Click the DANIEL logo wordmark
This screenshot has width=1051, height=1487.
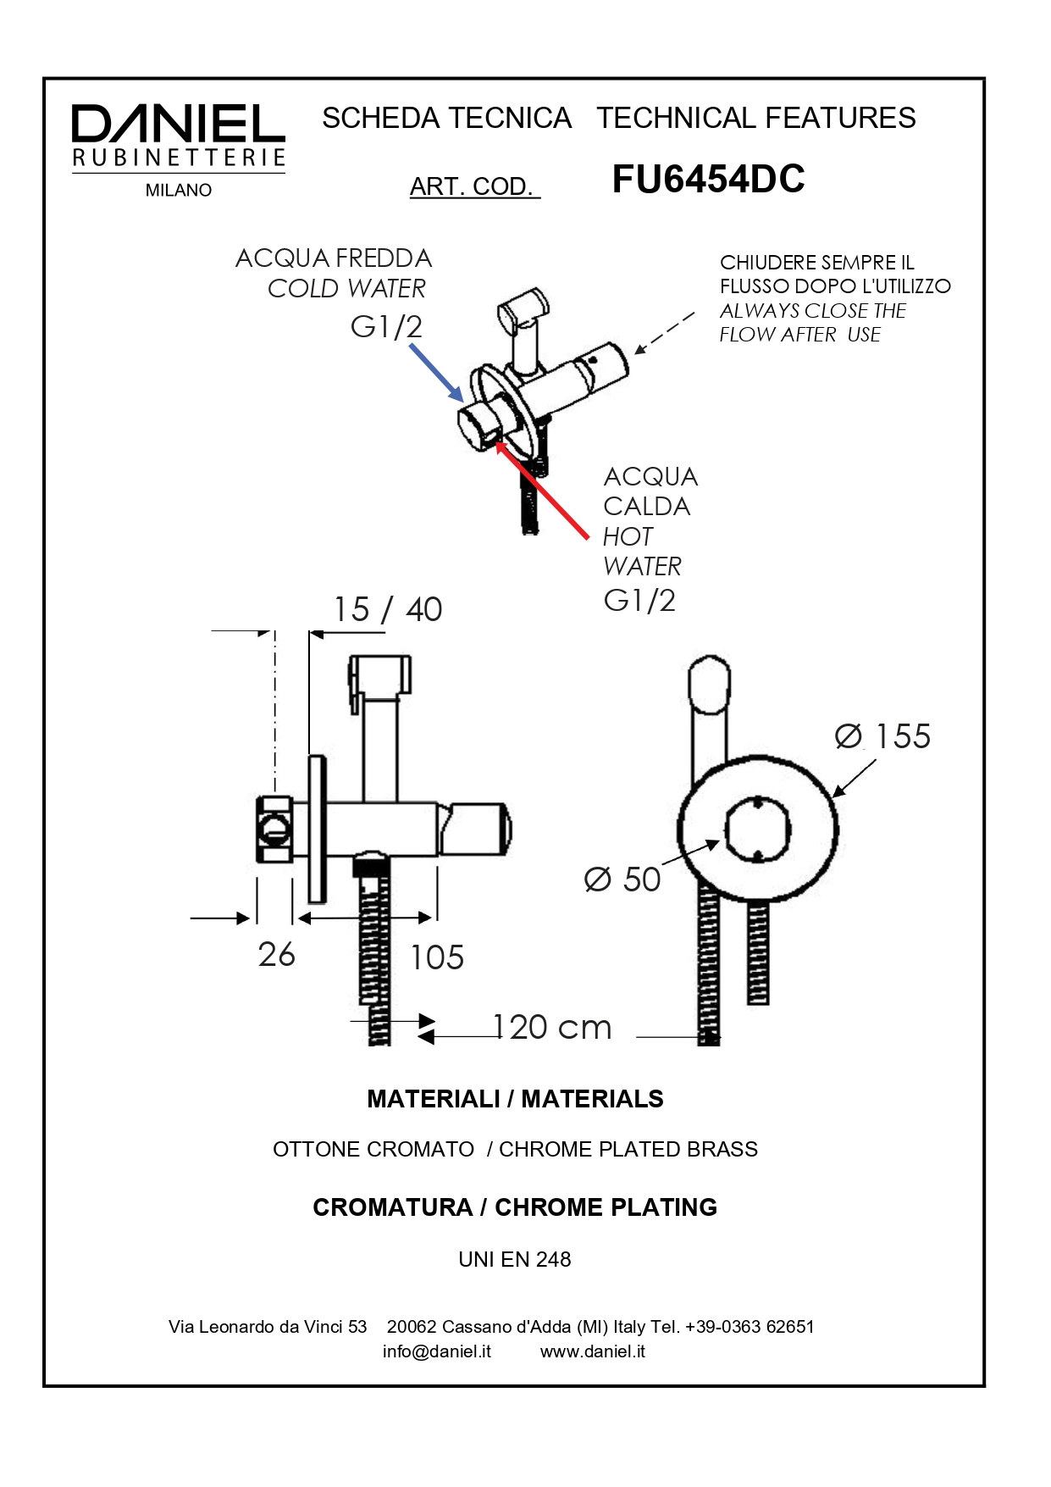point(178,125)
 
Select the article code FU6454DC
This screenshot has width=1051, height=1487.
point(708,179)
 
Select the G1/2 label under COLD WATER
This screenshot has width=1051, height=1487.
point(386,326)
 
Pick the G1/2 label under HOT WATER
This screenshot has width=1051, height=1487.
point(639,601)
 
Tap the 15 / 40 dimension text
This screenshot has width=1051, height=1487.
point(388,609)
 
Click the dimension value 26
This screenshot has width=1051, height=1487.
point(277,955)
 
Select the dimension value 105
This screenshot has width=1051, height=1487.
point(437,957)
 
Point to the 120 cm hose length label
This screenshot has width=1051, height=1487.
point(551,1027)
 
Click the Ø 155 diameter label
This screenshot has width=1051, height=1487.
point(882,735)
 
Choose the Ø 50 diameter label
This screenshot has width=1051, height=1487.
point(622,879)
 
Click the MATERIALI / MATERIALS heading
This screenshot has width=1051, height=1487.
point(515,1099)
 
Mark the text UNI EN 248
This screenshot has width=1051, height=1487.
point(515,1259)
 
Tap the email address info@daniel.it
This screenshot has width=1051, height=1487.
point(437,1351)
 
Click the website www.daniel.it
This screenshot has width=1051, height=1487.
point(593,1351)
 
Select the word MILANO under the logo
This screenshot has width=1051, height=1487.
point(179,191)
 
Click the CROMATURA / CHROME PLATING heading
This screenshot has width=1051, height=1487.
point(515,1207)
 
